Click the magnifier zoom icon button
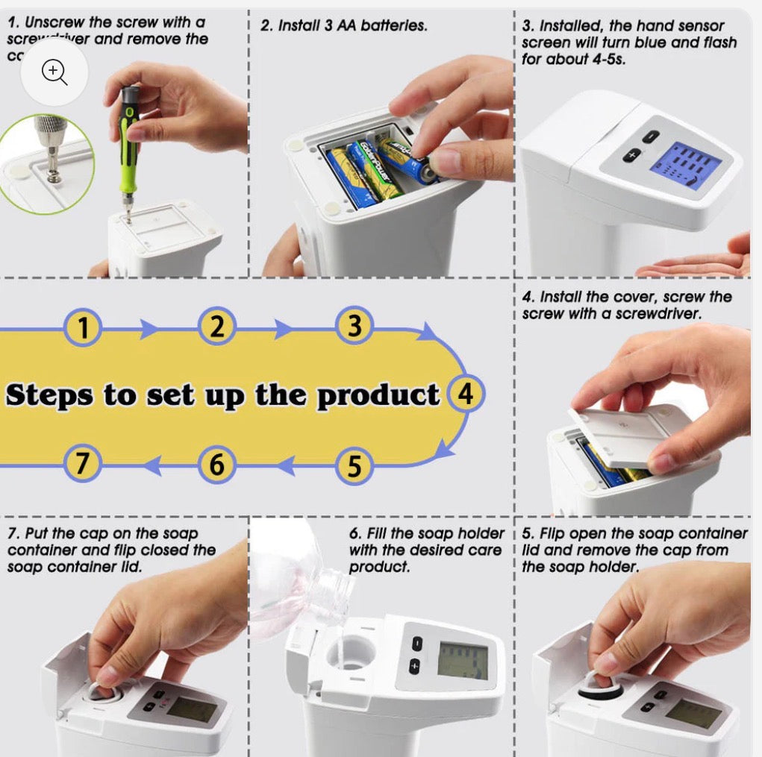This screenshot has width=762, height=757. (x=54, y=71)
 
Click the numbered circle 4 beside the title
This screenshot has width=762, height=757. (x=466, y=393)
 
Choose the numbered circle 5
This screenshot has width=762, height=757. (x=355, y=465)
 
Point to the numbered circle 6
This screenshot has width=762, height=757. (x=216, y=465)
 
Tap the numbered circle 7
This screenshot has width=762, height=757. (x=82, y=464)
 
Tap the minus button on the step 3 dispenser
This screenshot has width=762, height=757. (x=652, y=137)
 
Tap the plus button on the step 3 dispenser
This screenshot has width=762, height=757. (x=633, y=156)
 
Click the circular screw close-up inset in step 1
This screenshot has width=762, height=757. (x=45, y=164)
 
